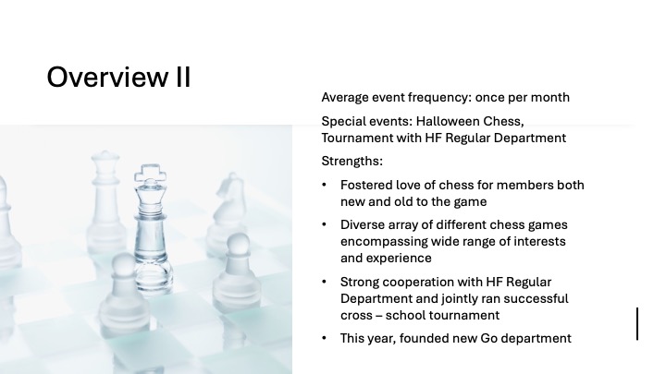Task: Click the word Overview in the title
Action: (x=107, y=77)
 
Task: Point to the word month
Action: (x=550, y=98)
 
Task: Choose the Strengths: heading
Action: (x=352, y=162)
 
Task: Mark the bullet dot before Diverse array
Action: (x=324, y=224)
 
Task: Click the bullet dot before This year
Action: (x=324, y=338)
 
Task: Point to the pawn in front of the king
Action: (x=124, y=293)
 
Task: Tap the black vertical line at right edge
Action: (x=637, y=324)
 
